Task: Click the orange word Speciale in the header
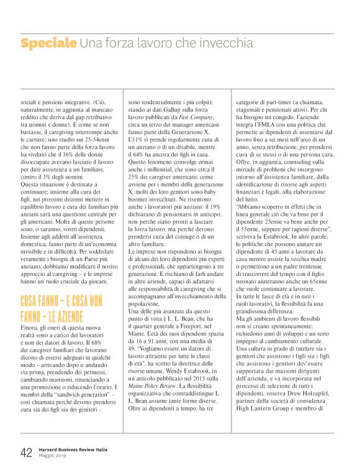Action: pos(48,43)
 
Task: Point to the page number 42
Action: pos(26,453)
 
